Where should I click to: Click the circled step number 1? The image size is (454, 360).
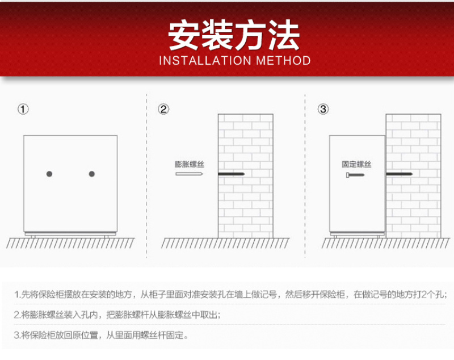[x=23, y=109]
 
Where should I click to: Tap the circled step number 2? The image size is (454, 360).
[x=163, y=109]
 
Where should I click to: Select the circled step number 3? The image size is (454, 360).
[x=323, y=109]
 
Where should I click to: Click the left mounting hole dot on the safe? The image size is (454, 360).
[x=49, y=174]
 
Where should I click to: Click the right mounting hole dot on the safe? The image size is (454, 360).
[x=92, y=174]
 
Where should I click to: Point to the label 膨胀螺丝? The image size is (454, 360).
[x=190, y=164]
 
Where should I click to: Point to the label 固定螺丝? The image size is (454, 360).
[x=356, y=164]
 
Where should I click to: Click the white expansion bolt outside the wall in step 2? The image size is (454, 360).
[x=190, y=174]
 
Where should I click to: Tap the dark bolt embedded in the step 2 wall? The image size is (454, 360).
[x=232, y=174]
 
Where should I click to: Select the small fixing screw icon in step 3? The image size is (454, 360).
[x=355, y=175]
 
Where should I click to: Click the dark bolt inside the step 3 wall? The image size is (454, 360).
[x=400, y=174]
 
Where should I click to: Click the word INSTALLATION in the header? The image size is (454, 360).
[x=205, y=61]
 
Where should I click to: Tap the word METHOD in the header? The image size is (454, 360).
[x=283, y=61]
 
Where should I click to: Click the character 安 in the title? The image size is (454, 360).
[x=184, y=35]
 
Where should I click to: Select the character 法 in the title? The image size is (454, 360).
[x=284, y=35]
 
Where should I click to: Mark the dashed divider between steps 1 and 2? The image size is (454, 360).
[x=146, y=175]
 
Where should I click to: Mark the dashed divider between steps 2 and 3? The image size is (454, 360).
[x=305, y=175]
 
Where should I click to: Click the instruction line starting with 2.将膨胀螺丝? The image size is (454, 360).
[x=117, y=315]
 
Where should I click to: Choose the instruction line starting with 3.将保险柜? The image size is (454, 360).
[x=101, y=335]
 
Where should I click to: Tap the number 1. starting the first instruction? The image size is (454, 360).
[x=18, y=295]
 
